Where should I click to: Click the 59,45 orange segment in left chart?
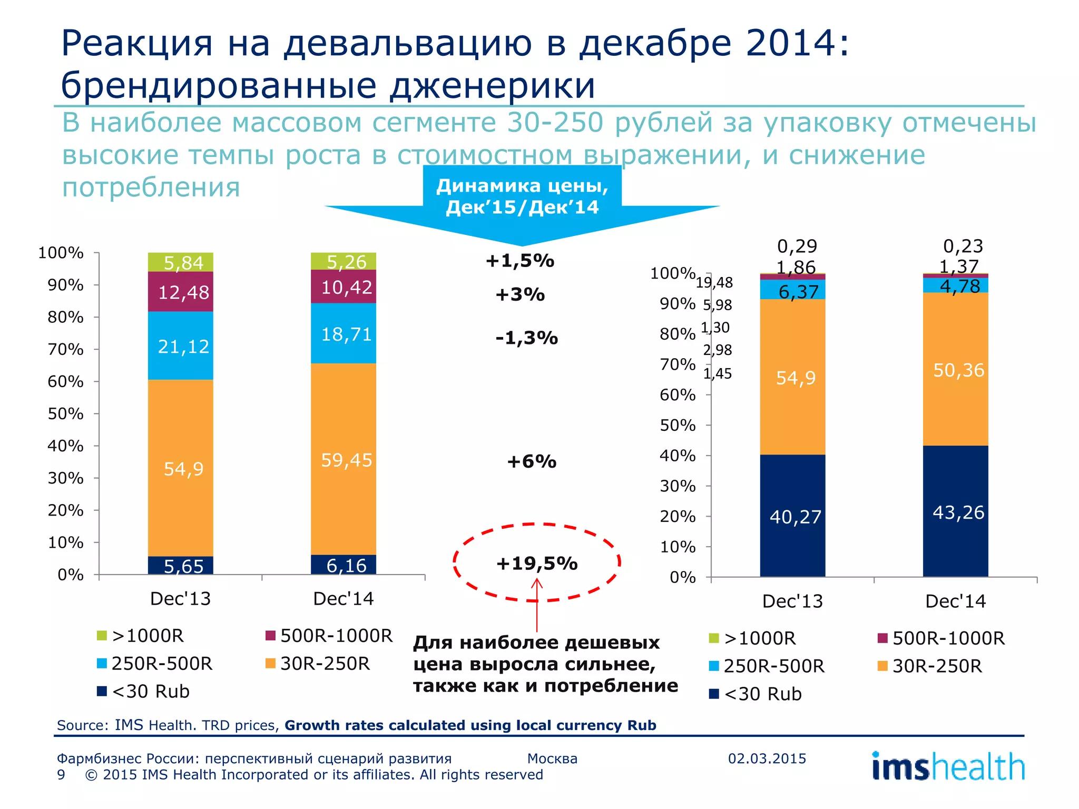click(x=344, y=459)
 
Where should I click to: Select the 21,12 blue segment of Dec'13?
click(x=181, y=346)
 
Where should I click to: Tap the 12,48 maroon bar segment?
click(x=181, y=292)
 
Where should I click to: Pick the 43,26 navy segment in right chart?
click(x=955, y=512)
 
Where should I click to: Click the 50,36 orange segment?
click(x=955, y=370)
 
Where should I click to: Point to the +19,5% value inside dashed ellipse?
click(x=536, y=563)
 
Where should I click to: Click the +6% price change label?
click(x=531, y=461)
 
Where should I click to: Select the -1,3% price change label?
click(x=526, y=338)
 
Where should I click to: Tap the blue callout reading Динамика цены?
click(x=522, y=196)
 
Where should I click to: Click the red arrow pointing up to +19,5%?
click(x=537, y=606)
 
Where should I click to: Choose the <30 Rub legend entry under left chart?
click(x=143, y=691)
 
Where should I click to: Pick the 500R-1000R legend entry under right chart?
click(x=941, y=638)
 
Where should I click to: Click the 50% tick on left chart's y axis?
click(x=66, y=414)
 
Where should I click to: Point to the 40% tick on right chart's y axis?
click(x=678, y=456)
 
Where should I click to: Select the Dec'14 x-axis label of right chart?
click(x=955, y=601)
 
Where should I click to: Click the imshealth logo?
click(x=948, y=767)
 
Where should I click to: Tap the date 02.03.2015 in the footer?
click(x=767, y=758)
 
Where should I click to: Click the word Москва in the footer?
click(x=552, y=758)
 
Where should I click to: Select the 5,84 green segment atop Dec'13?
click(x=181, y=262)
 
